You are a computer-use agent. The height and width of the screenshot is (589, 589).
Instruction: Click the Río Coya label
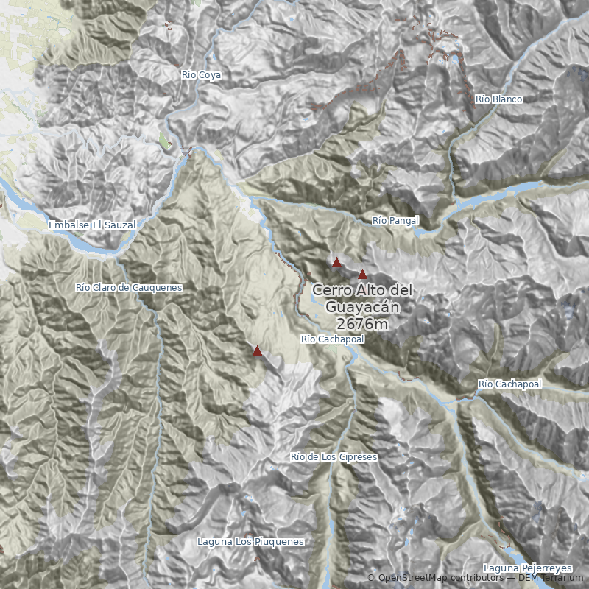tap(201, 75)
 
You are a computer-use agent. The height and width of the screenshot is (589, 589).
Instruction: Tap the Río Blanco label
tap(498, 99)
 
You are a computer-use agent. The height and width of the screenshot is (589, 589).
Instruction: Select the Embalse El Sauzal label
tap(92, 225)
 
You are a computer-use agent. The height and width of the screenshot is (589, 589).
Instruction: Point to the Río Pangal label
tap(395, 220)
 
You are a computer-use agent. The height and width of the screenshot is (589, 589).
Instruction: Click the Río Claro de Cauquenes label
tap(129, 287)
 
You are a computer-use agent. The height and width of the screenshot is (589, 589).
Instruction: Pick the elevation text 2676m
tap(361, 323)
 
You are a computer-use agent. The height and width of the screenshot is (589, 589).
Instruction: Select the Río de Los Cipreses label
tap(334, 457)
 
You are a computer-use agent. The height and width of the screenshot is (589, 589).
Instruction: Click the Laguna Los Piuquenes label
tap(250, 542)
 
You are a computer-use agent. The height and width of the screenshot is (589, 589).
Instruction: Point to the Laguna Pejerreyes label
tap(528, 568)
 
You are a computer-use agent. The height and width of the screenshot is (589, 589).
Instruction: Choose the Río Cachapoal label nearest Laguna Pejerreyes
tap(509, 384)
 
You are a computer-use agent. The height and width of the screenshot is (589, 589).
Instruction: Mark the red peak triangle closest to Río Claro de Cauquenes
tap(257, 351)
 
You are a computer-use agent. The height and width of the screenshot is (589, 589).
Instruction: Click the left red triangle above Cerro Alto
tap(336, 262)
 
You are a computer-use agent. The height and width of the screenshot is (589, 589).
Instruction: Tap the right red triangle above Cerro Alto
tap(362, 274)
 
